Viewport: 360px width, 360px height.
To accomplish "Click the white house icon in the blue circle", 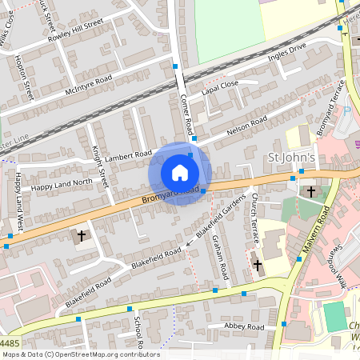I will click(180, 173).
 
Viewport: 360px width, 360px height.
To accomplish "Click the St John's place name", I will click(287, 156).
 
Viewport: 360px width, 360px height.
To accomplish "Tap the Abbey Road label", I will click(245, 326).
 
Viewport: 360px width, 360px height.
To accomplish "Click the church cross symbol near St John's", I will click(310, 191).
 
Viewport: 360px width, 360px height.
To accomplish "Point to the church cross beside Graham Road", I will click(257, 263).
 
